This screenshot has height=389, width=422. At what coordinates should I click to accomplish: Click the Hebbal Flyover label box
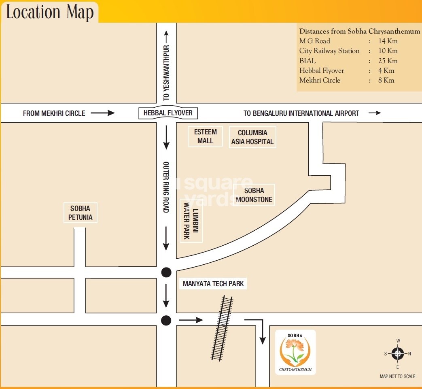[x=168, y=113]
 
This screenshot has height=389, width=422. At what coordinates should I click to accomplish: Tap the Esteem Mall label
[x=205, y=136]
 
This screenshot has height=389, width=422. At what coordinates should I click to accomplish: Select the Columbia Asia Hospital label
[x=252, y=137]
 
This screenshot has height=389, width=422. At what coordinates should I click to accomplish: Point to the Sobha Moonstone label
[x=254, y=195]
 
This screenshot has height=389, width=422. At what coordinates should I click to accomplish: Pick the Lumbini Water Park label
[x=191, y=221]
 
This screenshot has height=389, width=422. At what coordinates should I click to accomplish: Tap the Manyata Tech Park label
[x=213, y=284]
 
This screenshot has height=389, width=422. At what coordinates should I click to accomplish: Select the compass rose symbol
[x=398, y=353]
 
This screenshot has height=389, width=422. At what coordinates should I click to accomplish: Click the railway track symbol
[x=222, y=328]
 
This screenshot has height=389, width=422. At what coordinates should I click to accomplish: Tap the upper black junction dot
[x=166, y=272]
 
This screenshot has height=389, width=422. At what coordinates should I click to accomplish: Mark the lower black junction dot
[x=166, y=321]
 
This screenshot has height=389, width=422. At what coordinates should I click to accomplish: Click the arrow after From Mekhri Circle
[x=103, y=113]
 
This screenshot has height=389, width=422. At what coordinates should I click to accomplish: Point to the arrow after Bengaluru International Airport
[x=375, y=113]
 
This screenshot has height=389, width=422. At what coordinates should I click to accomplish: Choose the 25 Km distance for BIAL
[x=387, y=61]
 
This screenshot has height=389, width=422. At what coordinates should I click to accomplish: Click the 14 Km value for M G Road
[x=387, y=41]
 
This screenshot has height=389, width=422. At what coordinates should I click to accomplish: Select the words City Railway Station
[x=329, y=51]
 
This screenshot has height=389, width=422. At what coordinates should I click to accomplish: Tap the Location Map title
[x=50, y=12]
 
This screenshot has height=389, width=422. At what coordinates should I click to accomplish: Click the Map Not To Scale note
[x=397, y=376]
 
